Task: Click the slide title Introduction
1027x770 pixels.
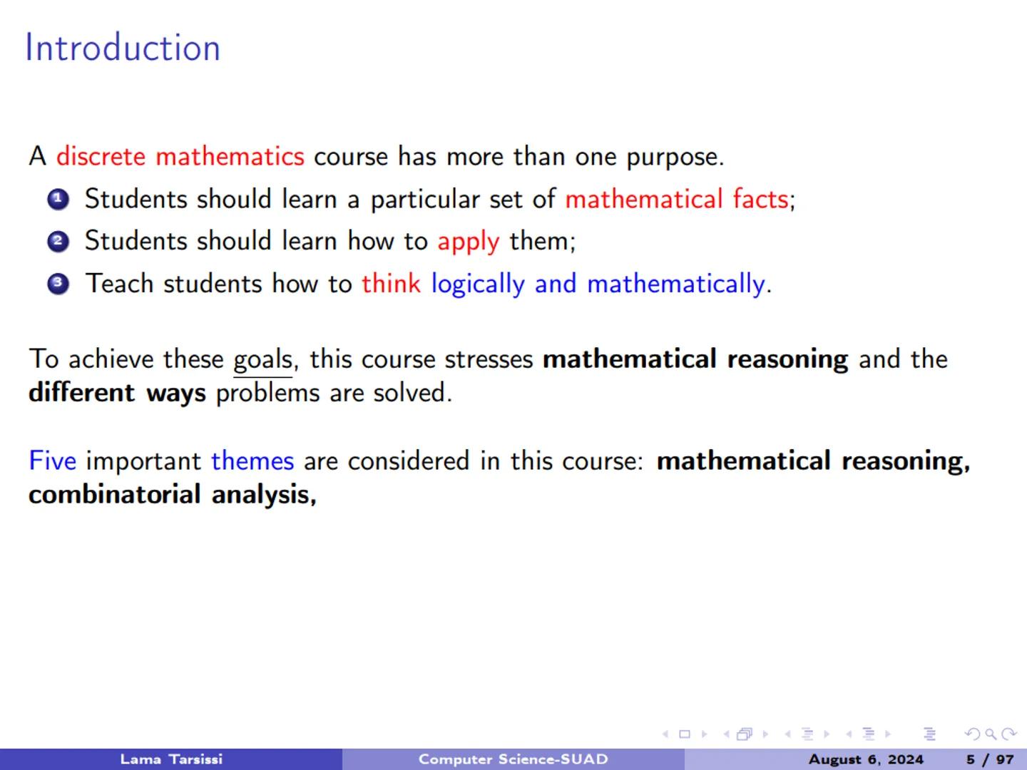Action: [x=123, y=48]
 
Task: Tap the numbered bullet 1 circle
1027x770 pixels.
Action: [x=58, y=200]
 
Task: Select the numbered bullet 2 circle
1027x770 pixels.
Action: [x=58, y=242]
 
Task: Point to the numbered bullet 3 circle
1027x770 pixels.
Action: [x=58, y=284]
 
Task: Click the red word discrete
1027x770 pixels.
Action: [x=101, y=156]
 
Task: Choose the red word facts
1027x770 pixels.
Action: [x=760, y=199]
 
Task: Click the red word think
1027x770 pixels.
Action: [x=391, y=284]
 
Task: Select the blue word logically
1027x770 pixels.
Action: [x=478, y=284]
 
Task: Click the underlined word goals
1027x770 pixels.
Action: [x=262, y=359]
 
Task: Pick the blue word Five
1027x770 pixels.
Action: [x=52, y=461]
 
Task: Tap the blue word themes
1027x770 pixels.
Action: [x=252, y=461]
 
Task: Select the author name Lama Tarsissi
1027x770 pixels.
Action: [x=171, y=759]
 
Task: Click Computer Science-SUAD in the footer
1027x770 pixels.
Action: [x=513, y=759]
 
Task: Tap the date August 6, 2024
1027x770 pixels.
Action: [x=866, y=759]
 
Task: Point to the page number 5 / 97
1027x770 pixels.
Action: [x=990, y=759]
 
